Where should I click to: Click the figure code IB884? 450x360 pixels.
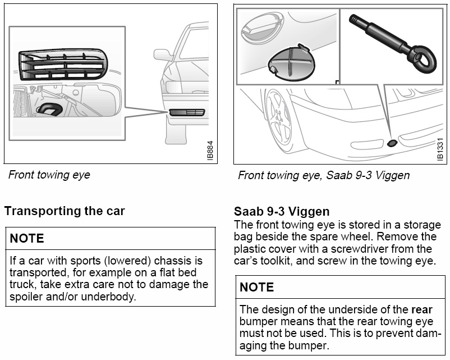(210, 151)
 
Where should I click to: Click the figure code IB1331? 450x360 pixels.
(440, 149)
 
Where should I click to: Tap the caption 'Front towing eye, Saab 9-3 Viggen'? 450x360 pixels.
(324, 175)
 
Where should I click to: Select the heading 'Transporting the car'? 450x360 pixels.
(65, 211)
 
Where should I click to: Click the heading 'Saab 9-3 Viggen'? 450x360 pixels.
(282, 212)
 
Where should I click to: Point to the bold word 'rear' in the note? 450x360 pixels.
(421, 309)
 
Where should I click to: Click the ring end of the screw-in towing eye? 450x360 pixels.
(423, 60)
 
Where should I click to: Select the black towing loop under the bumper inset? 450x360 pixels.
(49, 110)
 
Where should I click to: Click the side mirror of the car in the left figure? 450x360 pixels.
(162, 54)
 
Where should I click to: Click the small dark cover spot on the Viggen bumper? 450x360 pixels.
(392, 143)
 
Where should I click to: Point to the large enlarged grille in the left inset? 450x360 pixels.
(63, 65)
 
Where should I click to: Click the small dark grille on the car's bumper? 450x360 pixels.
(187, 112)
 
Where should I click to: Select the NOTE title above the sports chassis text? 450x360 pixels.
(27, 238)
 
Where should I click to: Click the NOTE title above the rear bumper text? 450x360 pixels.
(257, 287)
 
